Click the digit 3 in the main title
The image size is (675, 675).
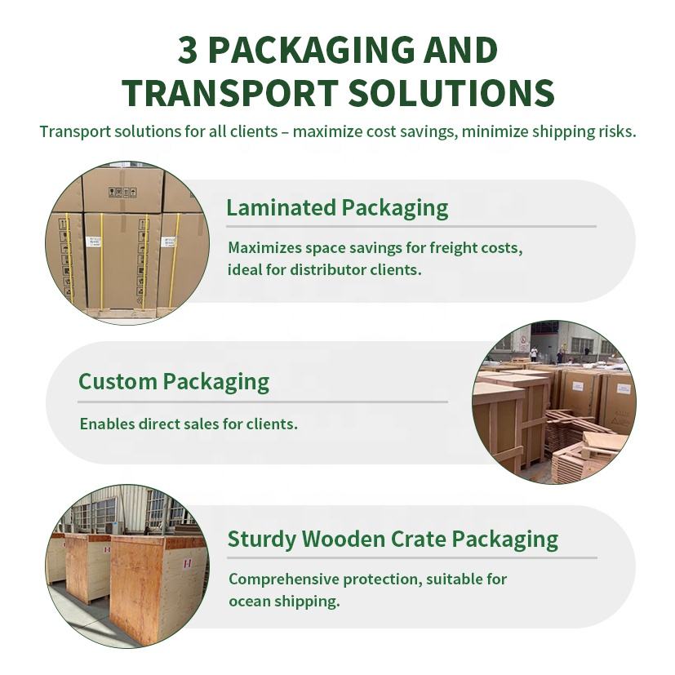point(188,51)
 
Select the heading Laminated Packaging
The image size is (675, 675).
point(337,207)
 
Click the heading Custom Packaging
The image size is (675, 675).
point(173,381)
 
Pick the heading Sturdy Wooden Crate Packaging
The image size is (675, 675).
point(393,539)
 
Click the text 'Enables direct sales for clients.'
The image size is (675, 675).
point(189,424)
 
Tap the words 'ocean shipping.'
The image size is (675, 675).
point(284,602)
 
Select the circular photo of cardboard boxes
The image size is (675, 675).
point(127,242)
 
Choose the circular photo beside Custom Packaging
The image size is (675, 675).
point(554,402)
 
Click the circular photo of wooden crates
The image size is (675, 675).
point(127,566)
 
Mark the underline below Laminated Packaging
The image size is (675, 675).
point(411,226)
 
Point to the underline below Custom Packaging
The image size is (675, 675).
point(263,402)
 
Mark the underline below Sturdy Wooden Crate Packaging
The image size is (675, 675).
point(412,558)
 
